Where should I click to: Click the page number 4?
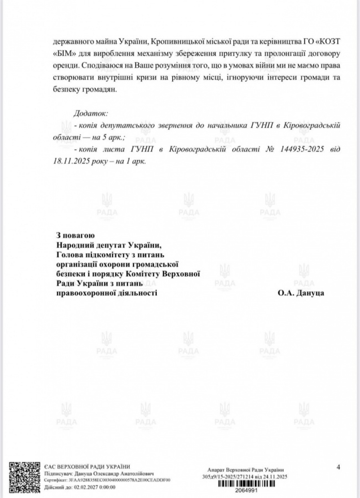338,466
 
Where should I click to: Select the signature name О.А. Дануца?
300,293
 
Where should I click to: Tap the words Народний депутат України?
109,245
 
